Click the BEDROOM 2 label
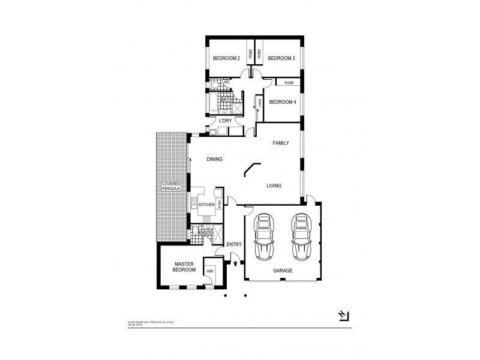(226, 58)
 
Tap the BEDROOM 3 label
(281, 58)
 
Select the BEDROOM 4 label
(282, 102)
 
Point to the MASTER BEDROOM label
(185, 267)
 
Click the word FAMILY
(281, 143)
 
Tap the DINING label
(214, 159)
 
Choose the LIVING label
(274, 186)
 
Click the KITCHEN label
(207, 205)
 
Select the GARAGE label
(283, 271)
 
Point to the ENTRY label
(233, 244)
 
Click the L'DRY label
(225, 121)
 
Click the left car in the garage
(263, 237)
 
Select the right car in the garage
(301, 237)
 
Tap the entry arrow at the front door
(235, 262)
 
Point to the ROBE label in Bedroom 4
(289, 82)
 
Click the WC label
(227, 82)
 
